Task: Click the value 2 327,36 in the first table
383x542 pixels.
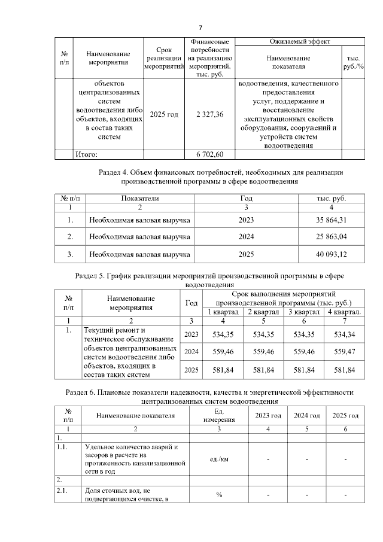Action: tap(209, 114)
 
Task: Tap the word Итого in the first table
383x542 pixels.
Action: tap(86, 154)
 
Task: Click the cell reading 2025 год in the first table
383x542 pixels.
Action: tap(163, 114)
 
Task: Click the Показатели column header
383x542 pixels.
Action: tap(140, 198)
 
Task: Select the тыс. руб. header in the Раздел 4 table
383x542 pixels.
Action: tap(331, 198)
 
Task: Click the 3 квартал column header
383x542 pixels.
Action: tap(302, 312)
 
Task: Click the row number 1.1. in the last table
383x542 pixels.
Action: tap(62, 446)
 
